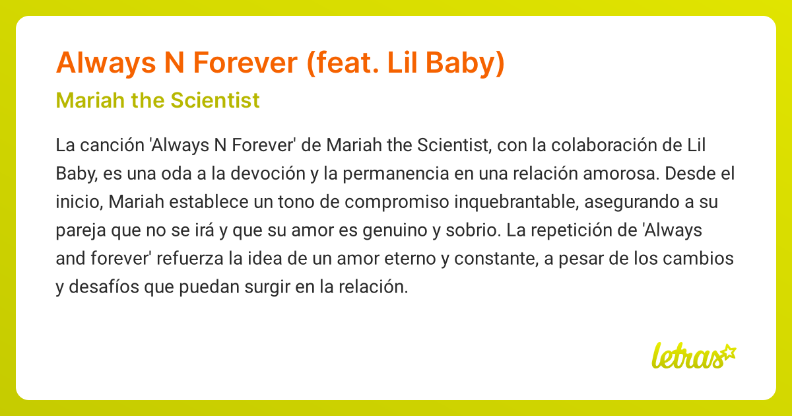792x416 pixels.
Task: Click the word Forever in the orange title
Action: coord(245,63)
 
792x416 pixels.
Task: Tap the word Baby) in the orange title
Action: coord(465,63)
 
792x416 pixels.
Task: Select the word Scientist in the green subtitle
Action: coord(215,100)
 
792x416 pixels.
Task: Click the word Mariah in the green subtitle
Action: coord(90,100)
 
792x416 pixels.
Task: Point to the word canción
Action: coord(112,145)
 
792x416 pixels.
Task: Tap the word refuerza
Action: coord(189,259)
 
